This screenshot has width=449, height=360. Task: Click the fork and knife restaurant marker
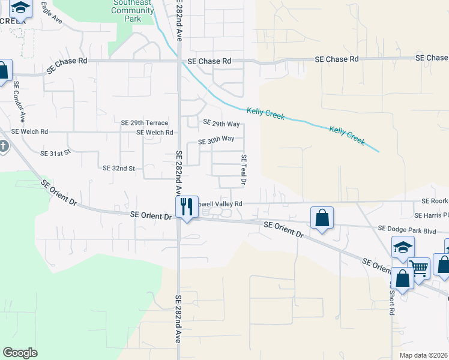click(x=187, y=207)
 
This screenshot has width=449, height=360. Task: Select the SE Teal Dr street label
click(x=244, y=169)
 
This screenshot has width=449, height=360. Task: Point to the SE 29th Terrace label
click(x=145, y=122)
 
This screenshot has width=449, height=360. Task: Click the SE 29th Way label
click(x=221, y=124)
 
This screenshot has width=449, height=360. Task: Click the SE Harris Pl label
click(x=431, y=215)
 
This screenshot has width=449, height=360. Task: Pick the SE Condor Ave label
click(x=19, y=101)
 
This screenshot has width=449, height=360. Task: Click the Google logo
click(x=20, y=353)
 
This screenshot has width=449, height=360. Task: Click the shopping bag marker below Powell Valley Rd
click(x=322, y=218)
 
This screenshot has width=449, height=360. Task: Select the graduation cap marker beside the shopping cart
click(x=402, y=247)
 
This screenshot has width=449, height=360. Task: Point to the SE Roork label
click(x=435, y=202)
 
